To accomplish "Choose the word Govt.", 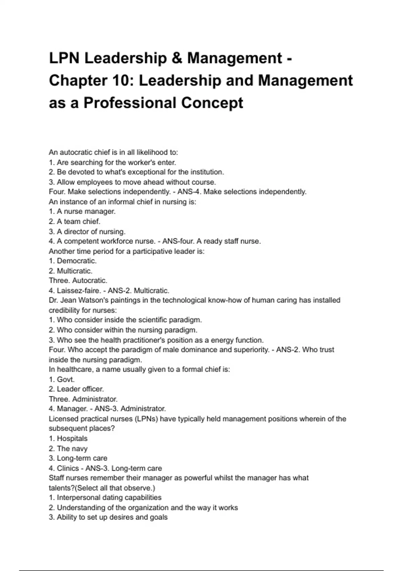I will coord(66,380).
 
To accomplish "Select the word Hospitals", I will coord(72,439).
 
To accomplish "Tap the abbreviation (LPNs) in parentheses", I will coord(146,419).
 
